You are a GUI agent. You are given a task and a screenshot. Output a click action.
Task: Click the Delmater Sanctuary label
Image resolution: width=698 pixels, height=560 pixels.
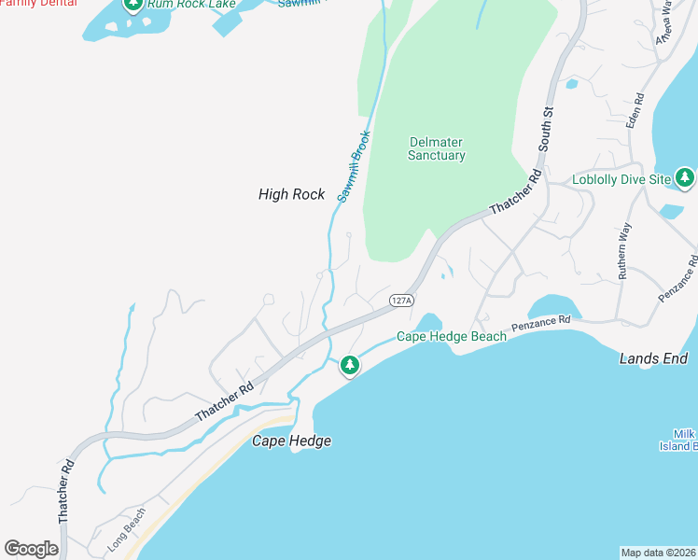[436, 149]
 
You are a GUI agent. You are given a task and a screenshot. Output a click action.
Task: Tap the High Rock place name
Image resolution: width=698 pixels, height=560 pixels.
[291, 194]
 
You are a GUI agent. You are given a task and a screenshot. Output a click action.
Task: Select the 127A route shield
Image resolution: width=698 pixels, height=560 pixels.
[400, 301]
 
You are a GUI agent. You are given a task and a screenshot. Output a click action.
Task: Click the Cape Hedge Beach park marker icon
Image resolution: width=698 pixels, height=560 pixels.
[349, 365]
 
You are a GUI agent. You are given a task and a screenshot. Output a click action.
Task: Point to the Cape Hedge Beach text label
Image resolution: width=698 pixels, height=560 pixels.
[452, 337]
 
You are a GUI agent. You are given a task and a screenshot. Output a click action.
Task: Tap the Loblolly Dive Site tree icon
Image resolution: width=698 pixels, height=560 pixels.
[686, 177]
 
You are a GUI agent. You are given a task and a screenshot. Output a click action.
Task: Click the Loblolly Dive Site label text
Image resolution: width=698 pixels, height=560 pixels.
[621, 178]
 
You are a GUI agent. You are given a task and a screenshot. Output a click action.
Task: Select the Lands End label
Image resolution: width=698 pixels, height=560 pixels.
[653, 358]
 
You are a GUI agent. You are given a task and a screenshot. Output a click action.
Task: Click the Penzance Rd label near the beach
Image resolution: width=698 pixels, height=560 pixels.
[540, 326]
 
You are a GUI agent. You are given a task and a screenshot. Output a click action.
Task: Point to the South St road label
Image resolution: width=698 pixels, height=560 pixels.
[546, 129]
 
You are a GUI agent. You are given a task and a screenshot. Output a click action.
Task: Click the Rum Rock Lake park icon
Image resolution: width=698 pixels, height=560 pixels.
[133, 5]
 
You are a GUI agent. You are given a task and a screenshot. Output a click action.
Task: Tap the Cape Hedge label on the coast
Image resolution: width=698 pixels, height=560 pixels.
[291, 441]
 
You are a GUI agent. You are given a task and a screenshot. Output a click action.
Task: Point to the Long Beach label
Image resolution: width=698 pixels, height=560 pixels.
[126, 530]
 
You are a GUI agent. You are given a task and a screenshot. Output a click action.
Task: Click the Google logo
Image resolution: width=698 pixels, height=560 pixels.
[31, 549]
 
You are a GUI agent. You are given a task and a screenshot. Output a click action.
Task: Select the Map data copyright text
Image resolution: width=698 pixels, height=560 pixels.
[659, 552]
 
